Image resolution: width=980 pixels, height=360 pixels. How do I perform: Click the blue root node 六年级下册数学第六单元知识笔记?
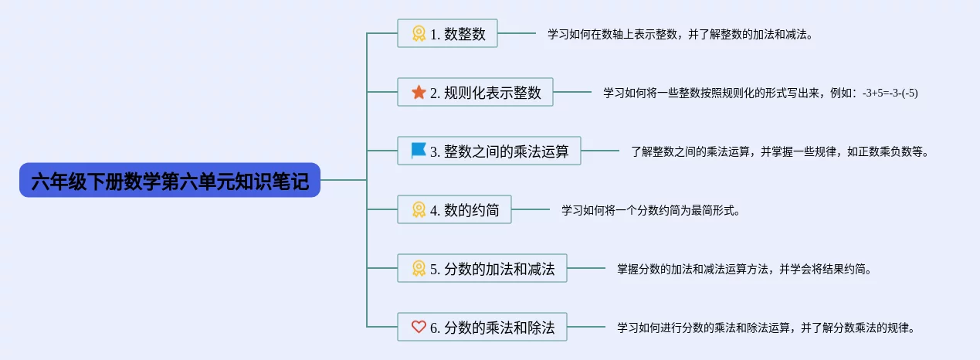click(x=170, y=180)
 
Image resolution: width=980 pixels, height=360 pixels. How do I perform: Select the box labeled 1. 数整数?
click(x=447, y=33)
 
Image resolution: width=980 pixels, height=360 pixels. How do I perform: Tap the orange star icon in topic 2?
click(x=419, y=92)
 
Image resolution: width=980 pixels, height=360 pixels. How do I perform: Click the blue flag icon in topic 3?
click(x=419, y=151)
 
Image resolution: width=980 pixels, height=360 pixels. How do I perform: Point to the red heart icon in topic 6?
click(x=419, y=327)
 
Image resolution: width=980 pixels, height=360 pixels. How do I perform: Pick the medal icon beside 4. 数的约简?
click(x=419, y=209)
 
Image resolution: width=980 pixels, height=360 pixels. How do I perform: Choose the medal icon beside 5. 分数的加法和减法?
click(x=419, y=268)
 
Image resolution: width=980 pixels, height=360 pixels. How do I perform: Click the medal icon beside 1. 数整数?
click(x=419, y=33)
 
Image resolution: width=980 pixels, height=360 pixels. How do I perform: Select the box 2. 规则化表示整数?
click(x=475, y=92)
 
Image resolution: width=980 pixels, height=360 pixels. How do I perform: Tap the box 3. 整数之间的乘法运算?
click(x=489, y=151)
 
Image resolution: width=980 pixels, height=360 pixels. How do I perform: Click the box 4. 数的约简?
click(x=454, y=209)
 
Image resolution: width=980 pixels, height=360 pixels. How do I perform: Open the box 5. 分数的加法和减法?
click(x=482, y=268)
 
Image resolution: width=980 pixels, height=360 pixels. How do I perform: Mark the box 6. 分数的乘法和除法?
click(x=482, y=327)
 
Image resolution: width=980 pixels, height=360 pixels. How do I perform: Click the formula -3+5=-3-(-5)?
click(x=890, y=93)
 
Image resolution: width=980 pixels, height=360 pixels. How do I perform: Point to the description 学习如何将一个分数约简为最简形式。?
click(x=650, y=210)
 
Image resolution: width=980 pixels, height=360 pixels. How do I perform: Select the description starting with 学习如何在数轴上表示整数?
click(x=680, y=34)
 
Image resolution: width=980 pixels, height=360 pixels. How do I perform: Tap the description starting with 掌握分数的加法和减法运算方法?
click(x=744, y=269)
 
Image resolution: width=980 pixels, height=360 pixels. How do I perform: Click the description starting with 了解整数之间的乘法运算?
click(x=780, y=151)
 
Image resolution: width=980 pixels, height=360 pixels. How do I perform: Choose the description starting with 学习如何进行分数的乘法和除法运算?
click(x=765, y=328)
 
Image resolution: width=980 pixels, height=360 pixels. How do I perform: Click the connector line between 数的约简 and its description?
click(x=531, y=209)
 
